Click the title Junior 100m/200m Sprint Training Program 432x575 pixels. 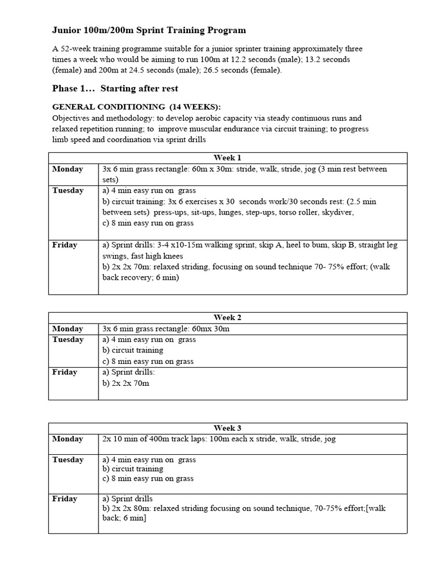pyautogui.click(x=149, y=30)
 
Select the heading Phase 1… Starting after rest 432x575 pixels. pyautogui.click(x=115, y=88)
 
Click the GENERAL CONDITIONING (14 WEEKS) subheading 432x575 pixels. pyautogui.click(x=137, y=107)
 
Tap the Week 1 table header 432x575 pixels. pyautogui.click(x=228, y=158)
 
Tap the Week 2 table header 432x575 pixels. pyautogui.click(x=228, y=317)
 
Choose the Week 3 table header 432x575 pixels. pyautogui.click(x=228, y=428)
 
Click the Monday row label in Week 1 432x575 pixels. pyautogui.click(x=67, y=169)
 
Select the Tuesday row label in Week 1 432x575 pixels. pyautogui.click(x=68, y=190)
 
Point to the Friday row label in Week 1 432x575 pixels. pyautogui.click(x=65, y=245)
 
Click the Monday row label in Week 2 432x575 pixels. pyautogui.click(x=67, y=328)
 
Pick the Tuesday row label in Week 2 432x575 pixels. pyautogui.click(x=68, y=339)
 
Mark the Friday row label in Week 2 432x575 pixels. pyautogui.click(x=65, y=372)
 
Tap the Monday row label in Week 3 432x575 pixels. pyautogui.click(x=67, y=439)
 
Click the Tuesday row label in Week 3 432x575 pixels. pyautogui.click(x=68, y=460)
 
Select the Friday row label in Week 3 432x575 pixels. pyautogui.click(x=65, y=499)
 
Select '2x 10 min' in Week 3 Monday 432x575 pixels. pyautogui.click(x=120, y=439)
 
